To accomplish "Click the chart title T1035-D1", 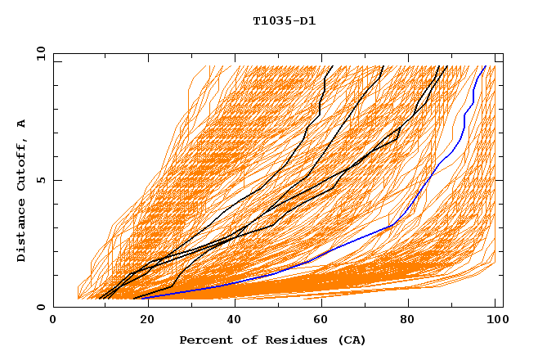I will (x=284, y=21).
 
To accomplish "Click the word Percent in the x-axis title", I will (x=204, y=340).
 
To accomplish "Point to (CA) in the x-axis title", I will (x=350, y=340).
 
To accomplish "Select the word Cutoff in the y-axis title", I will (x=21, y=164).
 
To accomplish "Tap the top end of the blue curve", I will (x=485, y=66).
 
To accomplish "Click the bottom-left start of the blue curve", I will (x=144, y=298).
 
